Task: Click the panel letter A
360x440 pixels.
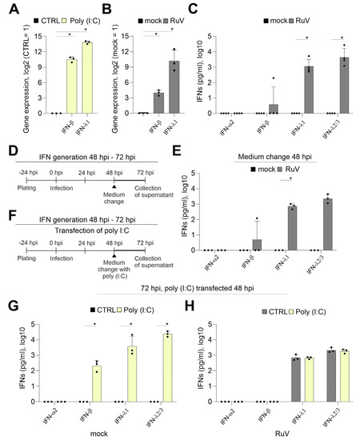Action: coord(10,10)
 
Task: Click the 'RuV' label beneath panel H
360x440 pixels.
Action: coord(279,433)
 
